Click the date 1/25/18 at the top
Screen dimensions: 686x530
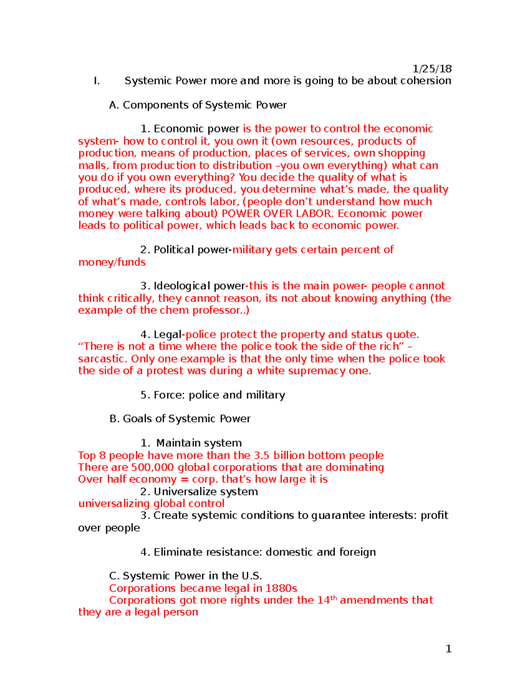point(432,68)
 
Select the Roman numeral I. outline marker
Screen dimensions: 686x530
point(97,80)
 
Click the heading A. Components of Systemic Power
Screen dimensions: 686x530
point(198,105)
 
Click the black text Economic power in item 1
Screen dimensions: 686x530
point(197,129)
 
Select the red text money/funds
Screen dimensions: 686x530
point(112,262)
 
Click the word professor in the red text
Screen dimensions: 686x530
point(216,310)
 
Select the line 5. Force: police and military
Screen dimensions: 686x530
point(212,395)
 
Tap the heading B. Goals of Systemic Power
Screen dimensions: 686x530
point(180,418)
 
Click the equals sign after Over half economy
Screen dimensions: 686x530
point(184,479)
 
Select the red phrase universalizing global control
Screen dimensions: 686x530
point(151,504)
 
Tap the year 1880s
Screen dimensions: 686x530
point(281,588)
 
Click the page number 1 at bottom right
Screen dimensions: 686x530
point(448,648)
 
